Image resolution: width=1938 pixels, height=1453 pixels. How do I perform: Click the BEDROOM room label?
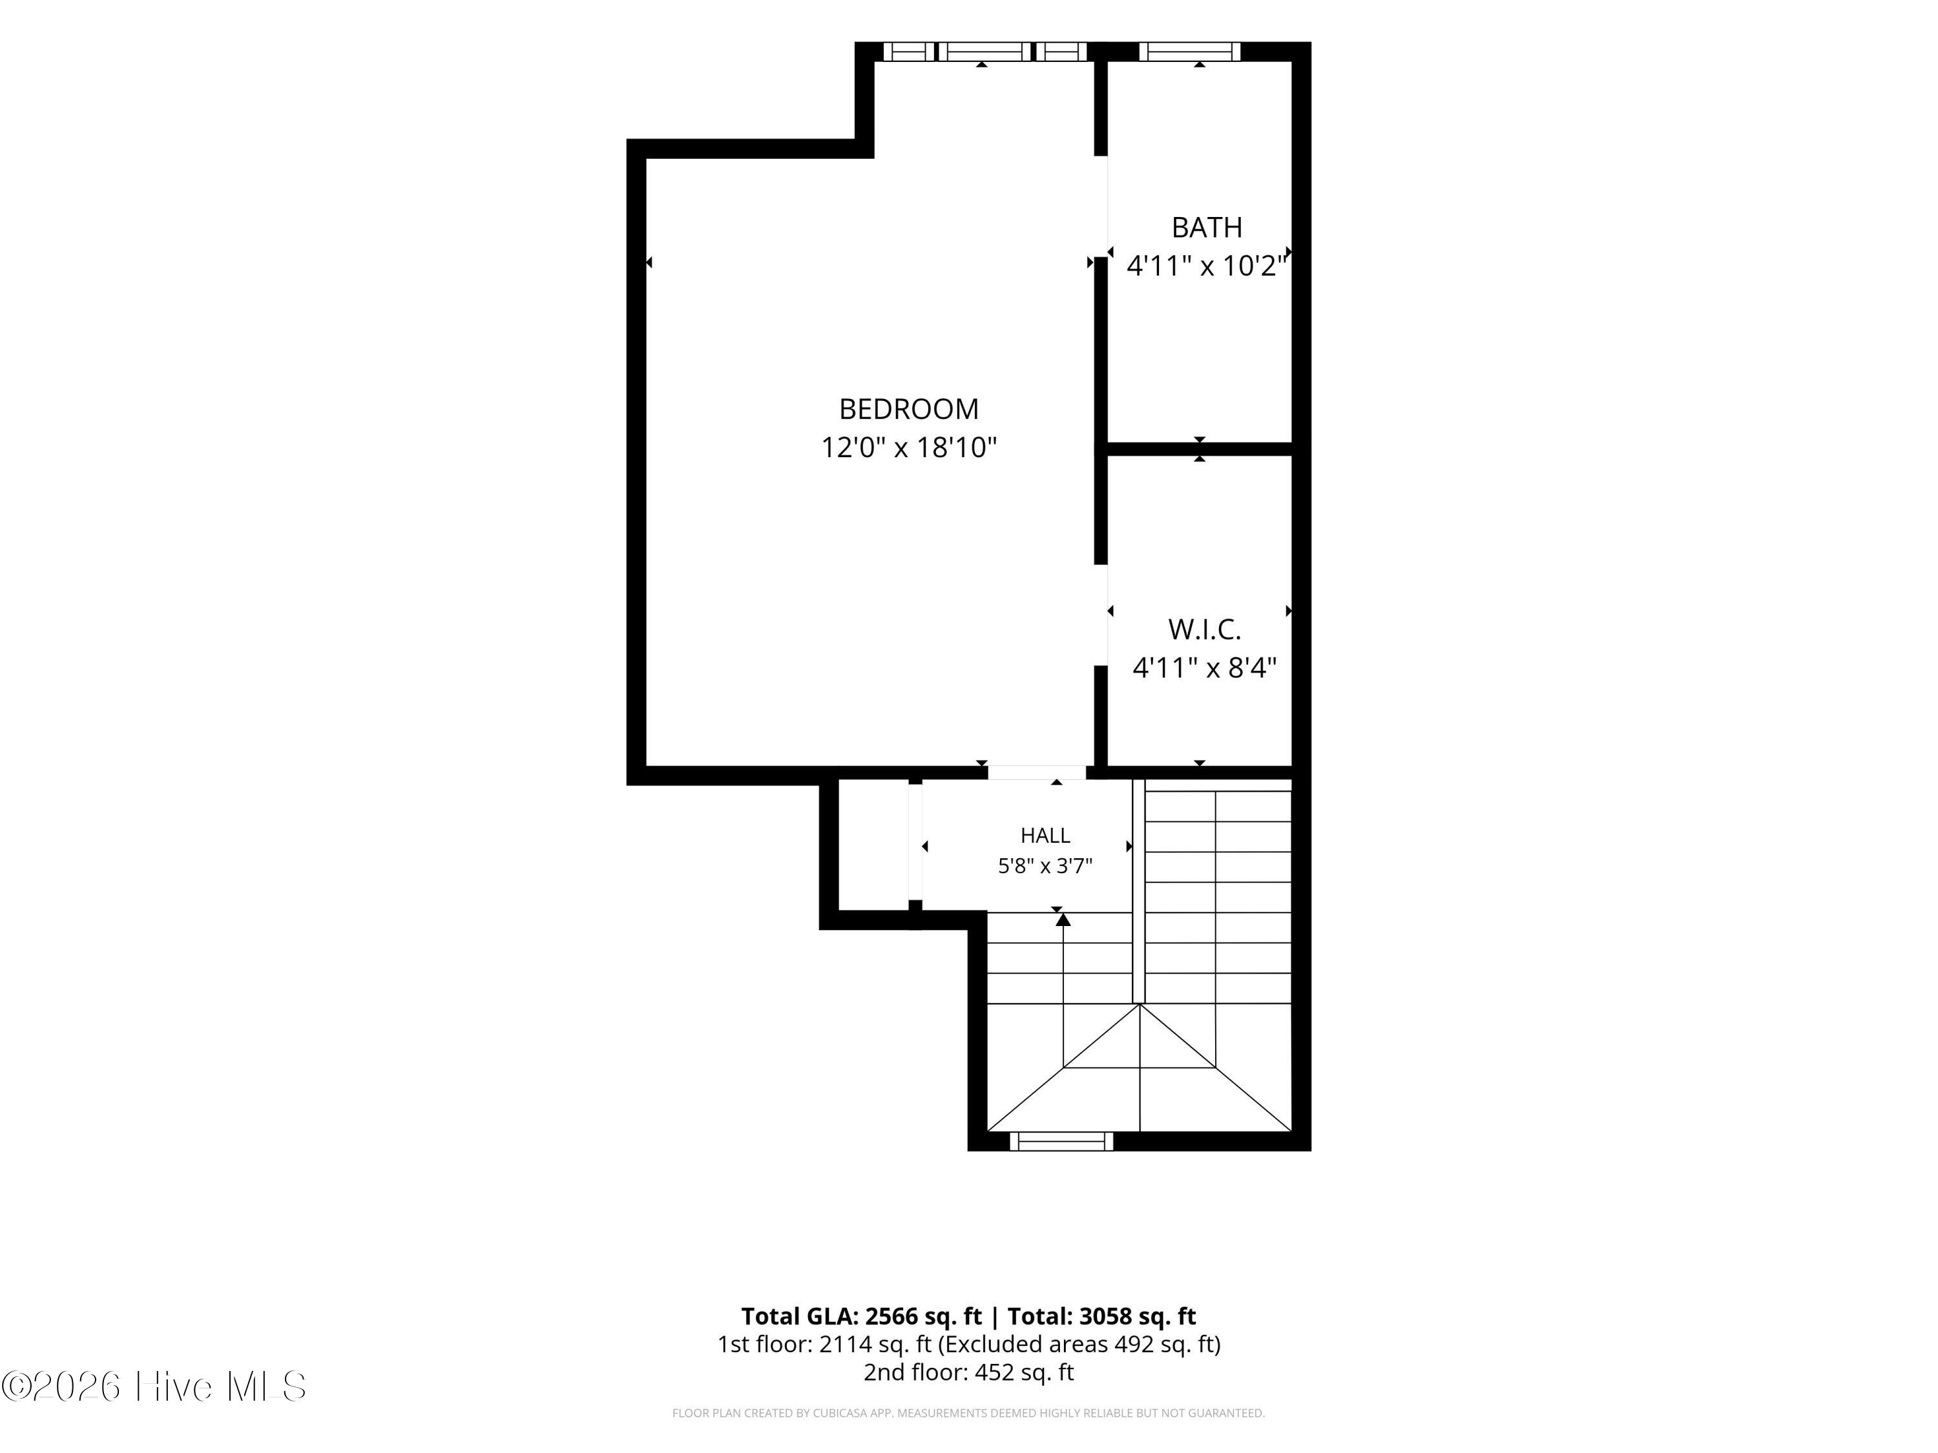coord(908,409)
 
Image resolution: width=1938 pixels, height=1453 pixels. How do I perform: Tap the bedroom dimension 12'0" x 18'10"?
coord(908,448)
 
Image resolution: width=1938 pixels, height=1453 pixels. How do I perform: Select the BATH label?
coord(1207,228)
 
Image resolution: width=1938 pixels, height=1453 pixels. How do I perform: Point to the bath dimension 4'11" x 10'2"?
coord(1207,265)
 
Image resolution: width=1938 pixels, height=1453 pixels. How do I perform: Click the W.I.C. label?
coord(1205,629)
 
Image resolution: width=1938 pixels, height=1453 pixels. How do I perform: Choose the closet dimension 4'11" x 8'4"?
coord(1205,668)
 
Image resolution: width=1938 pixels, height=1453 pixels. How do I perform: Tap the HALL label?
coord(1045,836)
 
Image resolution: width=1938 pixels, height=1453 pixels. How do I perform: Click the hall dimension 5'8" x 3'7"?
coord(1045,866)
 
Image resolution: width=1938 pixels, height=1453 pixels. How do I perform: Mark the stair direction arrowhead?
coord(1063,919)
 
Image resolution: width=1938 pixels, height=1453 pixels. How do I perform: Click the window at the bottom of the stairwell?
coord(1061,1141)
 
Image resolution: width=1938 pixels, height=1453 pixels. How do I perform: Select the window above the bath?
coord(1190,52)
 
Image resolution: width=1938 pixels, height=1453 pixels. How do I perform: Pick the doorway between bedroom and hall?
coord(1037,772)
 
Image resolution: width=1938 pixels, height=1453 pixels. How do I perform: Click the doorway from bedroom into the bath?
coord(1101,207)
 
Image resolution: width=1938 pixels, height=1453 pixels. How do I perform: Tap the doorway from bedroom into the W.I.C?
coord(1101,615)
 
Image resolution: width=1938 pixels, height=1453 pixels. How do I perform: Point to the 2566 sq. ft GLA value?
coord(923,1316)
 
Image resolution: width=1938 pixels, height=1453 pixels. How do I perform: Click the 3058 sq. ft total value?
coord(1137,1316)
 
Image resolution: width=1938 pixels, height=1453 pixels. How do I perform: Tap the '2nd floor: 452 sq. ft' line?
coord(968,1372)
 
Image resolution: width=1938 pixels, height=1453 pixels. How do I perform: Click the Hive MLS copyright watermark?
coord(154,1386)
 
